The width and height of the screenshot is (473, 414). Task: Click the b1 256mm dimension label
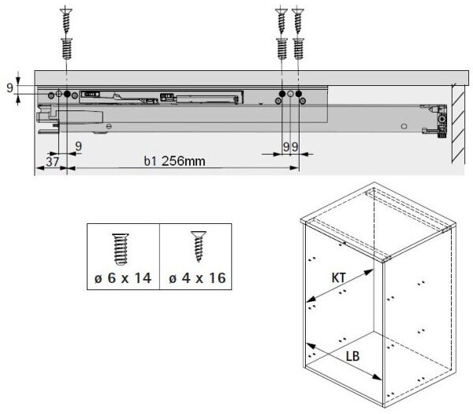174,161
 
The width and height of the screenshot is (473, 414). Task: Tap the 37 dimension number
53,162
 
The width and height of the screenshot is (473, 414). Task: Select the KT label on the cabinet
338,278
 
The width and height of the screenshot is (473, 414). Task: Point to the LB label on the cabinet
352,356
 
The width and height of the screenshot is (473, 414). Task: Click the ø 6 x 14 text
123,278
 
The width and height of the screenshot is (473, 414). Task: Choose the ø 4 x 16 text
197,278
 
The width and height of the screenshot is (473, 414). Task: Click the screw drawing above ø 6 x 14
121,250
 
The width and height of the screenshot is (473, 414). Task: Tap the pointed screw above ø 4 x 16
199,246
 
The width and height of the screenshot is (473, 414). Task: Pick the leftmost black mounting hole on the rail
67,94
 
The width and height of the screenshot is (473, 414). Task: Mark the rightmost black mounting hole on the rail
299,94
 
